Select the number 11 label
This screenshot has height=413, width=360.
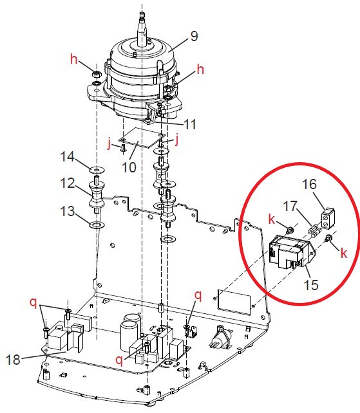[x=189, y=124]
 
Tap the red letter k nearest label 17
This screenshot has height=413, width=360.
[x=273, y=221]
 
